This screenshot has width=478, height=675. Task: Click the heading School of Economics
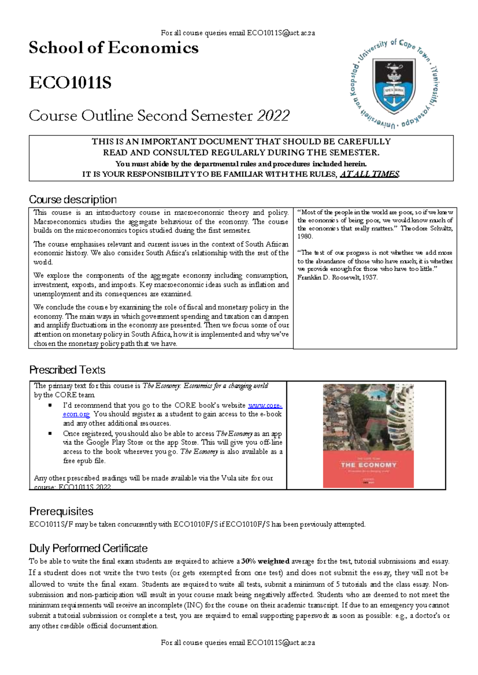click(x=114, y=48)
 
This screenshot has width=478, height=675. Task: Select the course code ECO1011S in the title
click(x=70, y=83)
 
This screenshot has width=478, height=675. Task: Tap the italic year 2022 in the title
click(x=273, y=116)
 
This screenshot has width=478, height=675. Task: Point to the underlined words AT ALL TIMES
click(x=369, y=174)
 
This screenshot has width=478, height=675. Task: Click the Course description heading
click(x=73, y=199)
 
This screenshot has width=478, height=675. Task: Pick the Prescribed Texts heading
click(x=67, y=370)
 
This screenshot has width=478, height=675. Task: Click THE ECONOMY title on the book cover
click(x=368, y=465)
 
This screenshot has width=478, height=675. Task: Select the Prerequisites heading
click(x=61, y=511)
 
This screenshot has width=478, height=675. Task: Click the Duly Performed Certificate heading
click(x=88, y=548)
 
